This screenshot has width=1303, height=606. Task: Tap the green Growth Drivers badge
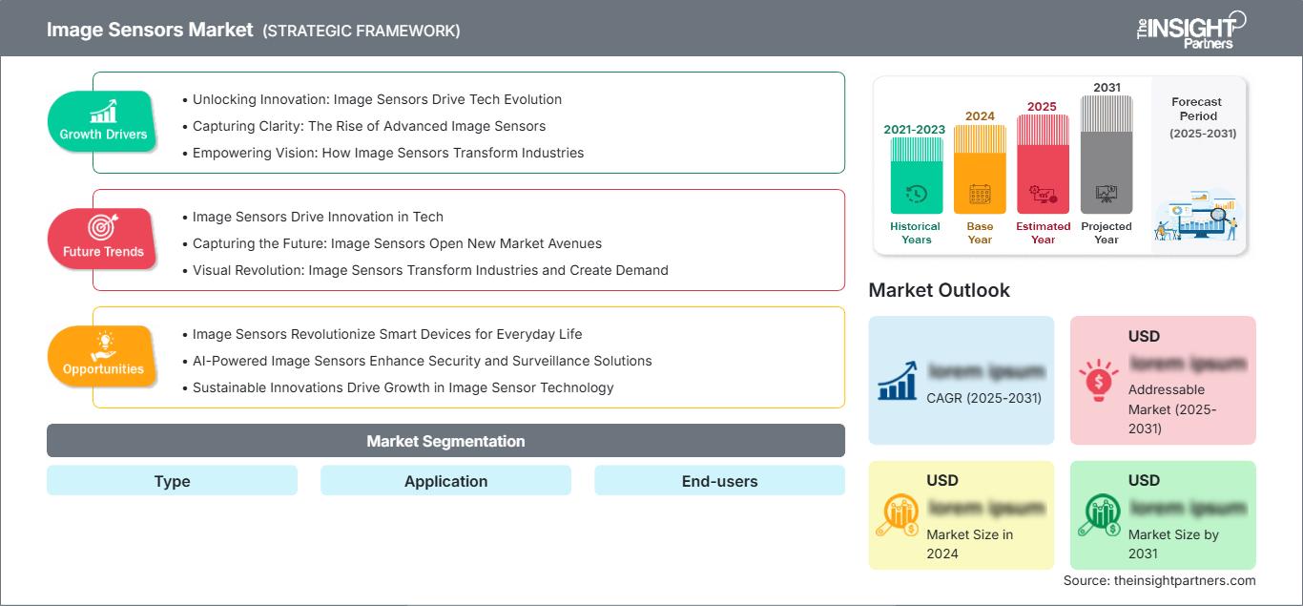tap(103, 121)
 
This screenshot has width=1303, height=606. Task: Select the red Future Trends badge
tap(103, 239)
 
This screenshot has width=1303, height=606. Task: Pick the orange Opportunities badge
tap(103, 356)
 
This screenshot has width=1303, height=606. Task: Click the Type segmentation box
tap(172, 481)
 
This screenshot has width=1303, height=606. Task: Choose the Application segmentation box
tap(445, 481)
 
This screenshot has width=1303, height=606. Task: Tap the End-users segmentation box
tap(719, 481)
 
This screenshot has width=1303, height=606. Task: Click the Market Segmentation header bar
tap(445, 441)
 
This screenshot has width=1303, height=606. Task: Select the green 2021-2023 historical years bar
tap(916, 176)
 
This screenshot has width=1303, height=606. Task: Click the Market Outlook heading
tap(939, 290)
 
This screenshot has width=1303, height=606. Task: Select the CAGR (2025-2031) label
tap(984, 398)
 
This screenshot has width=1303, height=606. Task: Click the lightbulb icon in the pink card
tap(1098, 379)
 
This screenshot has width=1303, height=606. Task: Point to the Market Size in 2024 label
tap(968, 544)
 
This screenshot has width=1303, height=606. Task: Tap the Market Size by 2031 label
tap(1173, 544)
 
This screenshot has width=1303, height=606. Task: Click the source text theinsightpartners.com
tap(1159, 580)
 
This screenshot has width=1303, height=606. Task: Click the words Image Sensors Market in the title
tap(151, 30)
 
